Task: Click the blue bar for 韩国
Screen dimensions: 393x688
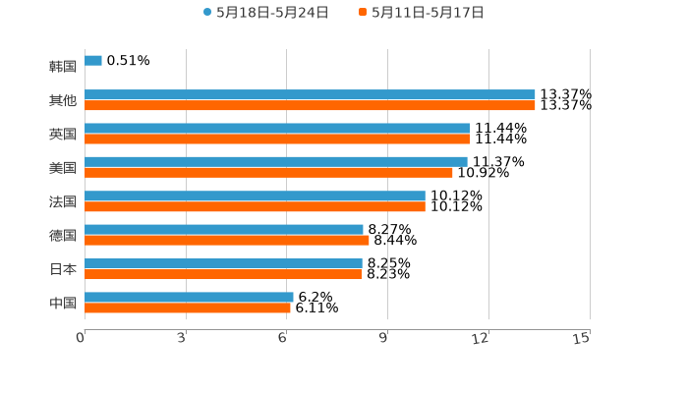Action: coord(93,61)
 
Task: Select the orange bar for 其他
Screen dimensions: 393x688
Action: coord(310,105)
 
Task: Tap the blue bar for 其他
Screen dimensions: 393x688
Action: coord(310,94)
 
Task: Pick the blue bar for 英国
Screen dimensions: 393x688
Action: coord(277,128)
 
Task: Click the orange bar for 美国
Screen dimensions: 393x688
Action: coord(268,172)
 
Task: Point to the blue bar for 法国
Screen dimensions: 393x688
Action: coord(255,196)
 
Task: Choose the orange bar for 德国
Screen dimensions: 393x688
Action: coord(227,240)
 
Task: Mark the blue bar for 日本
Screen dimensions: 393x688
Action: coord(223,263)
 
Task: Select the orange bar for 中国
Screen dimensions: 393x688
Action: coord(188,308)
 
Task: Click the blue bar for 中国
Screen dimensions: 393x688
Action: coord(189,297)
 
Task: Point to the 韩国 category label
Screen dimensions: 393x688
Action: coord(63,67)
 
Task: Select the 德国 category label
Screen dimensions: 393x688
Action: coord(63,235)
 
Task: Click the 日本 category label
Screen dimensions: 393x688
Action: coord(63,269)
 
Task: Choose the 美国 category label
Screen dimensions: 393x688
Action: coord(63,168)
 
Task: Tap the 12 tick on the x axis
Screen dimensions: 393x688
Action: coord(481,338)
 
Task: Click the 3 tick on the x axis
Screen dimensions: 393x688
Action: coord(182,338)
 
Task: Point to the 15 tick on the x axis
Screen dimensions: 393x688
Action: coord(582,338)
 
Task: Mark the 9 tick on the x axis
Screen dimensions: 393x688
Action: coord(384,338)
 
